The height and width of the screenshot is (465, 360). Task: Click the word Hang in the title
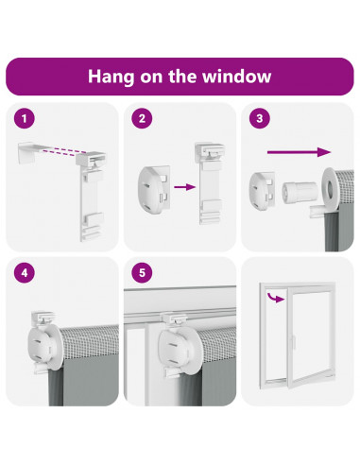pyautogui.click(x=111, y=77)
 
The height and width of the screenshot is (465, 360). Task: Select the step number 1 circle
pyautogui.click(x=25, y=119)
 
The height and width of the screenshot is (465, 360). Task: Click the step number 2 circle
pyautogui.click(x=142, y=119)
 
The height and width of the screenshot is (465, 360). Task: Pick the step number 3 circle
pyautogui.click(x=260, y=118)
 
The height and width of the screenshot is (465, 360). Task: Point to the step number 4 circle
pyautogui.click(x=25, y=273)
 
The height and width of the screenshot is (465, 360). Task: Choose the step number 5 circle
pyautogui.click(x=142, y=273)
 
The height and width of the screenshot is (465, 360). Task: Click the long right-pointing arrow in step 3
pyautogui.click(x=299, y=152)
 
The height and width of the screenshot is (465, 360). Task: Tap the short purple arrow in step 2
pyautogui.click(x=184, y=187)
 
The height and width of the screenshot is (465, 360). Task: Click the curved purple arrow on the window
pyautogui.click(x=276, y=297)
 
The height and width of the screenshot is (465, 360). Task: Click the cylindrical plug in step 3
pyautogui.click(x=300, y=193)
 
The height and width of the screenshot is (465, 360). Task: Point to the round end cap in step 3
pyautogui.click(x=263, y=191)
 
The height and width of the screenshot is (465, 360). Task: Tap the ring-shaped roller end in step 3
pyautogui.click(x=331, y=188)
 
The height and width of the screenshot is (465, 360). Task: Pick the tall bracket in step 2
pyautogui.click(x=210, y=183)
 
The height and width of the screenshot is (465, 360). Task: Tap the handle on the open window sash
pyautogui.click(x=293, y=342)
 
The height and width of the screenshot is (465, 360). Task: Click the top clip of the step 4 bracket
pyautogui.click(x=43, y=317)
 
